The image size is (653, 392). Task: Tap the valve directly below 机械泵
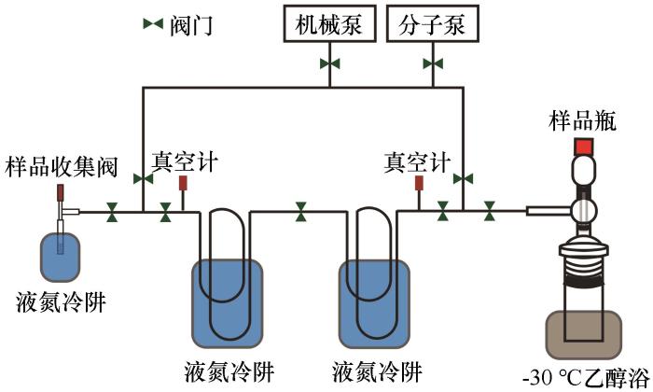tap(330, 63)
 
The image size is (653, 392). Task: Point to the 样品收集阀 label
tap(61, 168)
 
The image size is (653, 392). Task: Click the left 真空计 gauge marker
tap(183, 182)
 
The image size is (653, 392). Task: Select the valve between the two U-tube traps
tap(300, 214)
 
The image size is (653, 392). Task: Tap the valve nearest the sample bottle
tap(490, 215)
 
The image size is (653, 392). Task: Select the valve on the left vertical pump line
tap(143, 177)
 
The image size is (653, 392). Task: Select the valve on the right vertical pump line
tap(464, 177)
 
